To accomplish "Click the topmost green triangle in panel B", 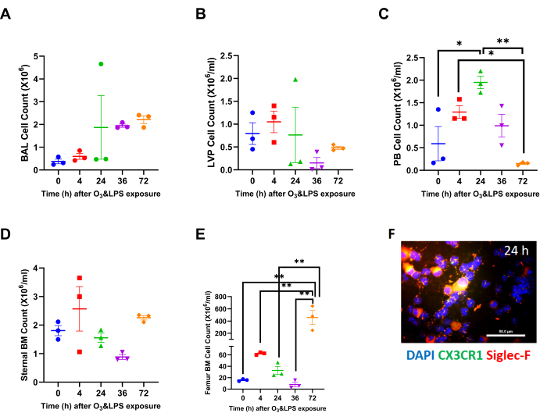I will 295,80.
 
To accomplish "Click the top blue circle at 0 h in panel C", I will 439,110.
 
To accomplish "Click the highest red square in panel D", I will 78,278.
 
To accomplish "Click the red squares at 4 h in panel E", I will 260,354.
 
